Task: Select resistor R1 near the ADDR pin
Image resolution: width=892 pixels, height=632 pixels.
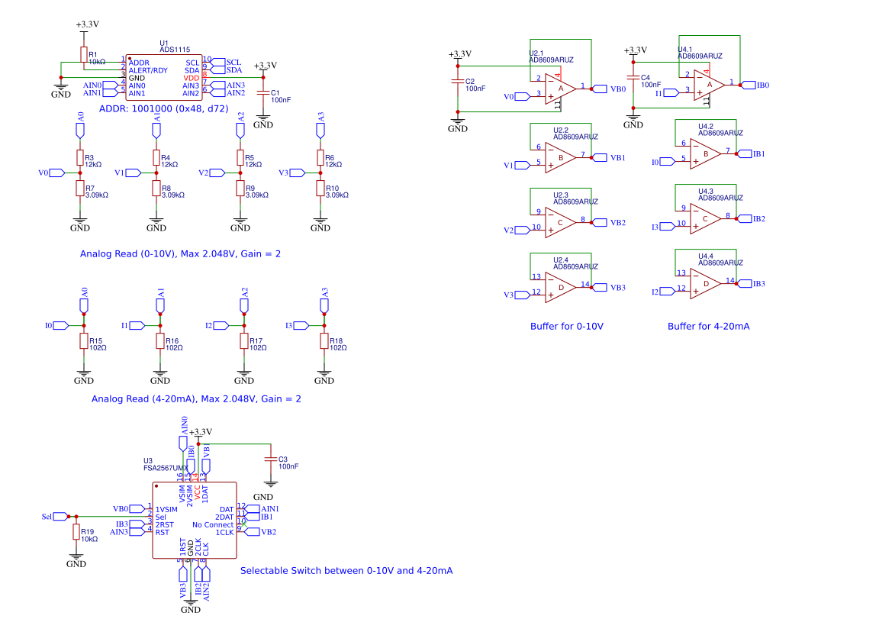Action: click(83, 55)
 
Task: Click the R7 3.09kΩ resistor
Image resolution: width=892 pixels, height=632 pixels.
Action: click(79, 188)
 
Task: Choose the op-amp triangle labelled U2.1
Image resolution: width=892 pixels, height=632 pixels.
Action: click(561, 88)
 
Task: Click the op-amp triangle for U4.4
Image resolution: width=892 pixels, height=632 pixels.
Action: click(706, 283)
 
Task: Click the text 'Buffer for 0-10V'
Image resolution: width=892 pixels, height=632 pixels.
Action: click(566, 326)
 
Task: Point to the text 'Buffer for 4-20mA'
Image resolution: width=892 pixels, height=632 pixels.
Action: click(708, 326)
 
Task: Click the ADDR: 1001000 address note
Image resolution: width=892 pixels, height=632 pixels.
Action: click(163, 108)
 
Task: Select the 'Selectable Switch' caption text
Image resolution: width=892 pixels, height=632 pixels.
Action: click(346, 570)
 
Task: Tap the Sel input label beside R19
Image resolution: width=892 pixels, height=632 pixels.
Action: click(49, 517)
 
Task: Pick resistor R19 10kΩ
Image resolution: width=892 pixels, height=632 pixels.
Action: click(76, 532)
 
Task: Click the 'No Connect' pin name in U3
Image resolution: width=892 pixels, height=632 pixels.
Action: click(213, 524)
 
